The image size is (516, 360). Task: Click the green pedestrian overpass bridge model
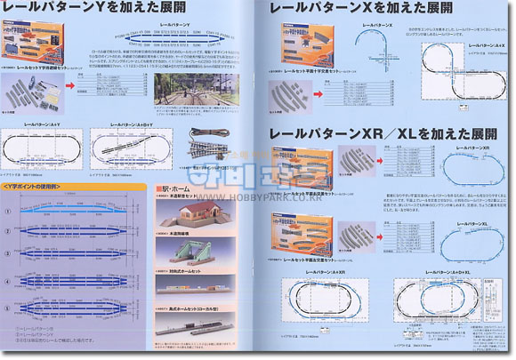click(198, 252)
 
